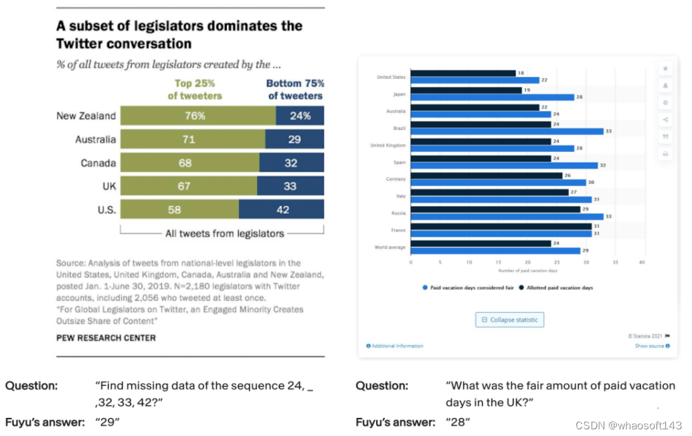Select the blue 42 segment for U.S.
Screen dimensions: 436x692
tap(282, 210)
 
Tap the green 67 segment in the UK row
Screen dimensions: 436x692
tap(189, 187)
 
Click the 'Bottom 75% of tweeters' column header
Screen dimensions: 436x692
tap(295, 90)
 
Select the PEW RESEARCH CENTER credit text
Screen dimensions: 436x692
tap(106, 338)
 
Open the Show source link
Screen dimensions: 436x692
tap(650, 346)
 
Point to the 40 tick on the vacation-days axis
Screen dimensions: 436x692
tap(642, 262)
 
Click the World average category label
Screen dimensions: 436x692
tap(390, 247)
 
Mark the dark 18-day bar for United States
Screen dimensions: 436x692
tap(463, 73)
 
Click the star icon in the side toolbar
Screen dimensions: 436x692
tap(665, 68)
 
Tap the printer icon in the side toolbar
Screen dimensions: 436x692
tap(665, 154)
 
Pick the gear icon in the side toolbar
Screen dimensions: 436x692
tap(665, 103)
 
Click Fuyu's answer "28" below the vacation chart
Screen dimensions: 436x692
tap(458, 422)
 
